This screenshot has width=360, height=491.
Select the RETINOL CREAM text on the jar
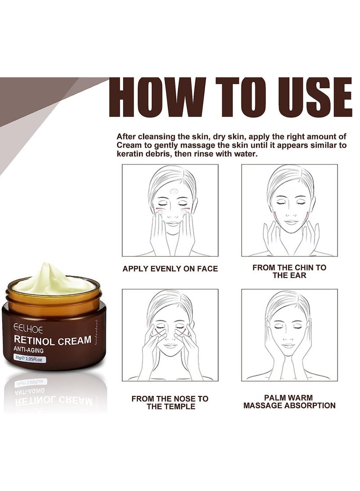pos(52,340)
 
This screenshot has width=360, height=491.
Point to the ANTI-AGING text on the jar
pos(32,350)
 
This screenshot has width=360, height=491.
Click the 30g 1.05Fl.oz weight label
pos(30,359)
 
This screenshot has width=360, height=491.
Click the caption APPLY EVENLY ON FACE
pos(170,269)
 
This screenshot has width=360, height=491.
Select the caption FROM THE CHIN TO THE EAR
pos(289,271)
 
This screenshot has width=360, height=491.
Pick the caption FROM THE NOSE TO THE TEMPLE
pos(170,402)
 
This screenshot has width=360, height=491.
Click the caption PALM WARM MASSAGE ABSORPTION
pos(289,401)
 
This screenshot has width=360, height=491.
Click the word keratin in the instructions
pos(129,154)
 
